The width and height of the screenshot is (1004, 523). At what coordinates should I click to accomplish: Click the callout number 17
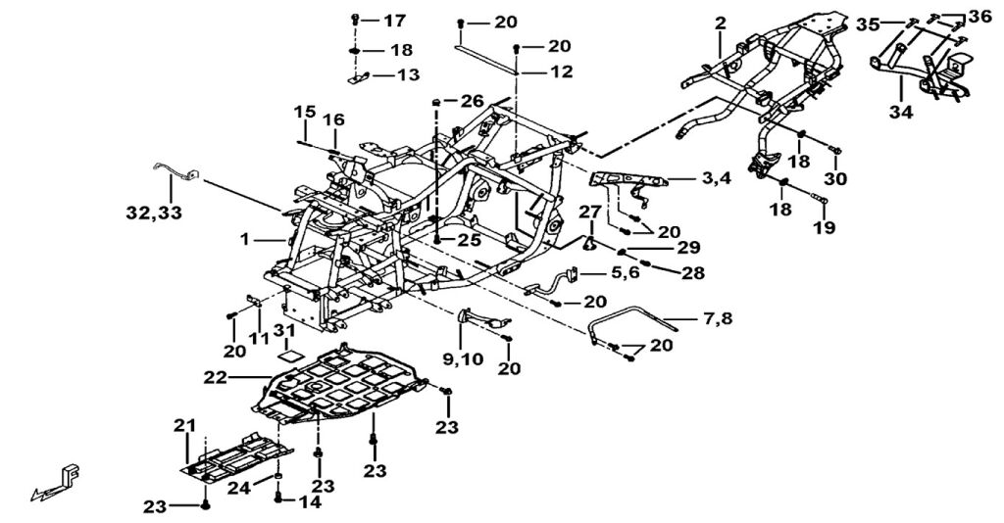tap(393, 22)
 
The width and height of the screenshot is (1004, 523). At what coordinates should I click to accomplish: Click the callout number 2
tap(721, 23)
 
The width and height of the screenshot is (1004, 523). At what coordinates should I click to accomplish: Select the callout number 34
tap(900, 113)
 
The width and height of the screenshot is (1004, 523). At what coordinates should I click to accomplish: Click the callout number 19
tap(823, 227)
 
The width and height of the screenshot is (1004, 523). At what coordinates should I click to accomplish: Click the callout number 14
tap(310, 500)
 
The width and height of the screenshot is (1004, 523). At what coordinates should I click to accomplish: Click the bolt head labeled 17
tap(356, 21)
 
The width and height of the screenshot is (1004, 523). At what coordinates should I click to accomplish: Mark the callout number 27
tap(587, 211)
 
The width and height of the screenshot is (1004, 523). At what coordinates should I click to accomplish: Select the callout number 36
tap(979, 16)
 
